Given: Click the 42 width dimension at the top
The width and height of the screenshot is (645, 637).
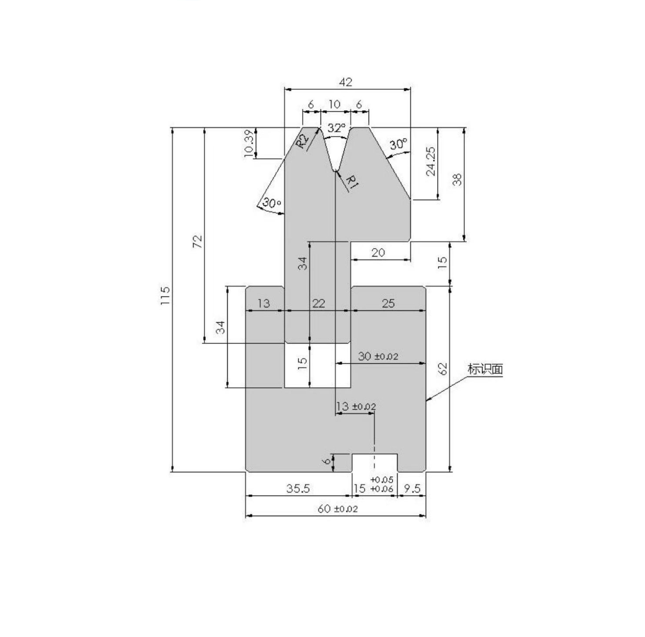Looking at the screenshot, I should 345,82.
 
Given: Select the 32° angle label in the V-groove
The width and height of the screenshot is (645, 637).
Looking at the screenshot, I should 336,129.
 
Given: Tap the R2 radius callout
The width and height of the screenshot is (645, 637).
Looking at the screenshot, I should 303,142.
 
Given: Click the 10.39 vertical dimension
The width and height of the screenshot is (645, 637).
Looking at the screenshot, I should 249,143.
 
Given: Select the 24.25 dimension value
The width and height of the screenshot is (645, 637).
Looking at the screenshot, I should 431,162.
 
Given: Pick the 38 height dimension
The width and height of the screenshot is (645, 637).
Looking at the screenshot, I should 457,179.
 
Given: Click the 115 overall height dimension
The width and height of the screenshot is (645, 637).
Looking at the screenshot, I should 165,296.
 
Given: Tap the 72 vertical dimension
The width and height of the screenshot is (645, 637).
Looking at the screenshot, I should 197,241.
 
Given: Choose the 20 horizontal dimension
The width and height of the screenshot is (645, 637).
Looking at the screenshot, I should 378,253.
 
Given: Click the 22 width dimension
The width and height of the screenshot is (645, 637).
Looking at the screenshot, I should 318,304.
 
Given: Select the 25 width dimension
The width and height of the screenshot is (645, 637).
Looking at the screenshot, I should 388,304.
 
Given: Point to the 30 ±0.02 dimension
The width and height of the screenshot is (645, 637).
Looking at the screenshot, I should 378,356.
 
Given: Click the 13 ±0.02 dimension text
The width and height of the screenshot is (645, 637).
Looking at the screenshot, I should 356,407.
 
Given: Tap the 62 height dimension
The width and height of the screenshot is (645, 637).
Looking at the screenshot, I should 442,369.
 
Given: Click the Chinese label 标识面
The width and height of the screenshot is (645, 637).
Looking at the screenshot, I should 485,369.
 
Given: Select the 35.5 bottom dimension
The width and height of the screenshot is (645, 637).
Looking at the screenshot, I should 298,489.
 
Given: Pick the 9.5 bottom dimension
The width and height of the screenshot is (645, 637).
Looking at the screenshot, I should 412,489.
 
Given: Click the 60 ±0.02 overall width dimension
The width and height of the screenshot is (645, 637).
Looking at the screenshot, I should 337,509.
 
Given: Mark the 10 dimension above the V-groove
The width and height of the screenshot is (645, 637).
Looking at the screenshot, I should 334,104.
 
